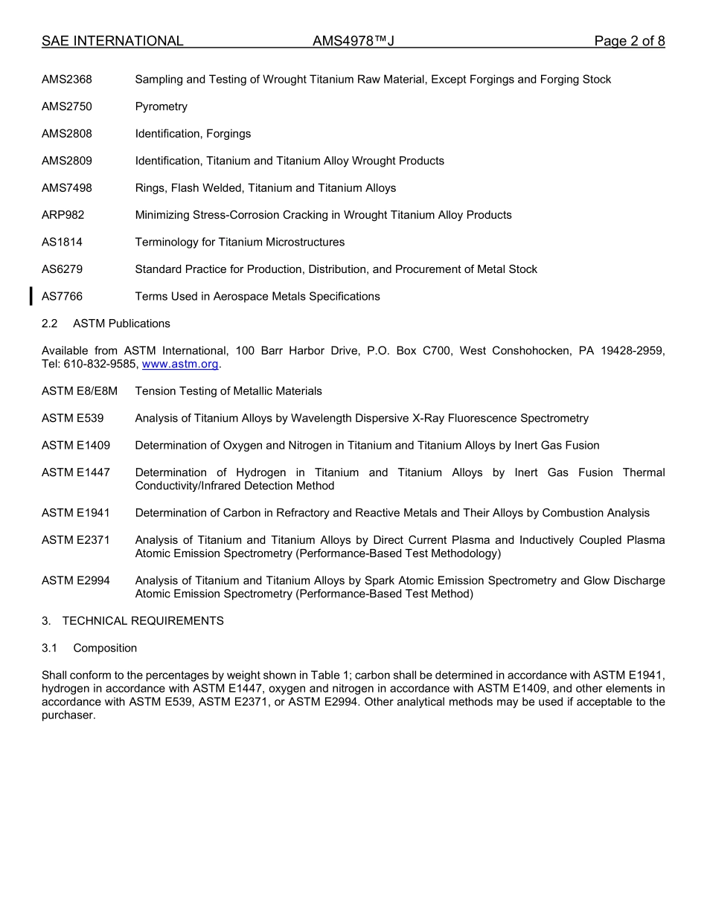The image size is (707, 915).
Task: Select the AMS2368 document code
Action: tap(67, 80)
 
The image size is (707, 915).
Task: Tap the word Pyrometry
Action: tap(161, 106)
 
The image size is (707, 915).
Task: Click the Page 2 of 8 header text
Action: tap(630, 42)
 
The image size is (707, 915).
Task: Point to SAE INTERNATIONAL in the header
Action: tap(112, 42)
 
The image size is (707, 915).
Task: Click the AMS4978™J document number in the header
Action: tap(353, 42)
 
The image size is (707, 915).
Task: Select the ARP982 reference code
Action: tap(63, 215)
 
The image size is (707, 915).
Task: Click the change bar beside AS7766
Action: tap(31, 296)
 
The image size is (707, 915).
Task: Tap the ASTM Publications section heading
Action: tap(121, 324)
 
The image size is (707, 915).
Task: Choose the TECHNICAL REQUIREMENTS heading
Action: tap(143, 621)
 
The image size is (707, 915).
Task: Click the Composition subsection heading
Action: tap(105, 648)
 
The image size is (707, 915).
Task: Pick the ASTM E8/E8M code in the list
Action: tap(80, 391)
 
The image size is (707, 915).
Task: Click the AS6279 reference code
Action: tap(63, 269)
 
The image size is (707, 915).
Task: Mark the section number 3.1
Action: tap(50, 648)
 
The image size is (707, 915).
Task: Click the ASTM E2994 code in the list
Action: tap(76, 581)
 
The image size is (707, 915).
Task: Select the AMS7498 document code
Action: tap(67, 188)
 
